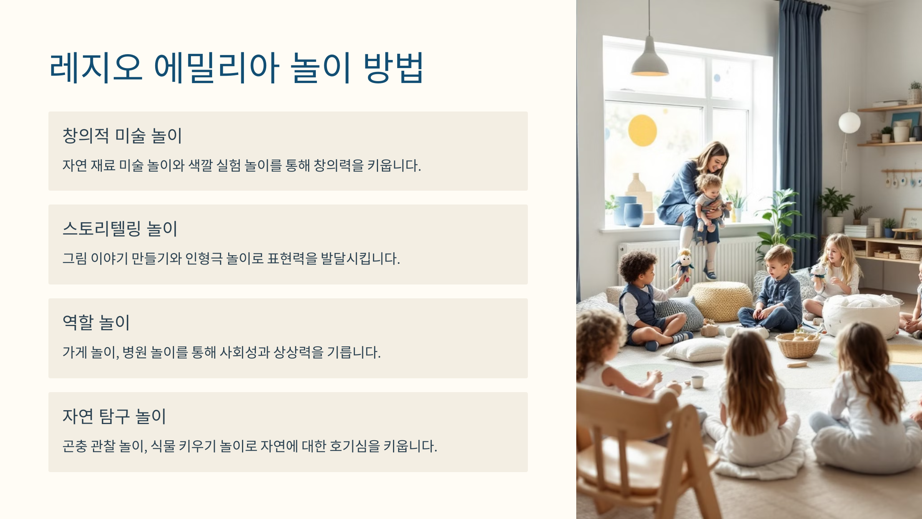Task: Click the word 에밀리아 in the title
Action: pyautogui.click(x=216, y=68)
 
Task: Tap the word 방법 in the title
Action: pyautogui.click(x=393, y=68)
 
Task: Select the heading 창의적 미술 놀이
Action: pyautogui.click(x=122, y=136)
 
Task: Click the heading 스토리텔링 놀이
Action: pyautogui.click(x=120, y=229)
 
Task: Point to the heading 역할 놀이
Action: pyautogui.click(x=96, y=322)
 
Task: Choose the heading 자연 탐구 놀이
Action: pyautogui.click(x=114, y=416)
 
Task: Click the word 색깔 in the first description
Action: pyautogui.click(x=201, y=166)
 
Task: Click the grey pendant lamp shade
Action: pyautogui.click(x=649, y=62)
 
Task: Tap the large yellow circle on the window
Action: pyautogui.click(x=642, y=130)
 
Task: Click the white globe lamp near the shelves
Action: pyautogui.click(x=849, y=123)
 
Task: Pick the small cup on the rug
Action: pyautogui.click(x=697, y=382)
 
